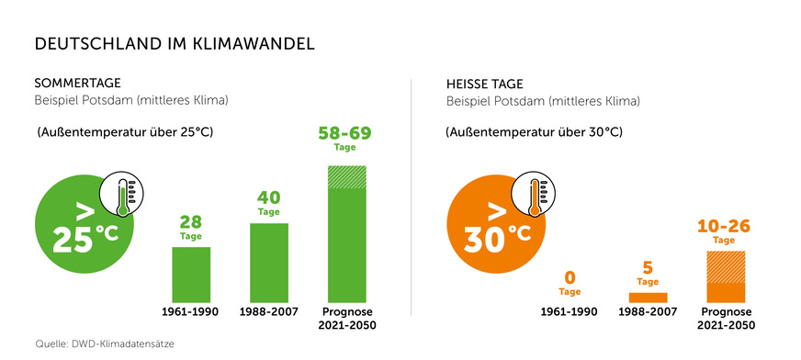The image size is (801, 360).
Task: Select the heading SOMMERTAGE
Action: pos(77,83)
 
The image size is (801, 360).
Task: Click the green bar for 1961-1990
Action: pos(191,274)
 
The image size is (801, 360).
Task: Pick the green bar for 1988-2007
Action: pos(268,262)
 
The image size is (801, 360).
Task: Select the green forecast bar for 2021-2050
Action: pos(347,233)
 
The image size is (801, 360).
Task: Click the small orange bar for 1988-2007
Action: pos(648,298)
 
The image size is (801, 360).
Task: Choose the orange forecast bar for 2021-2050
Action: pos(724,276)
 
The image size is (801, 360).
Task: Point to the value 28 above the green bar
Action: pos(191,222)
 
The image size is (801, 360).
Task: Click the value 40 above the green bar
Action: pos(268,197)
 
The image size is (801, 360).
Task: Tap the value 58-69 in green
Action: pos(347,133)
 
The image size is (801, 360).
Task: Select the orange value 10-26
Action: pos(724,225)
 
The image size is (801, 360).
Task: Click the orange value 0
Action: pos(570,277)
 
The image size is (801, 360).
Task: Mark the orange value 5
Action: pos(648,268)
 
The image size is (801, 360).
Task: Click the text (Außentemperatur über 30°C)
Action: pos(534,132)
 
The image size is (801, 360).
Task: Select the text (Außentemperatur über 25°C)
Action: pos(124,132)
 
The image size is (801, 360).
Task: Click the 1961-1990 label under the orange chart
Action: pos(570,311)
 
